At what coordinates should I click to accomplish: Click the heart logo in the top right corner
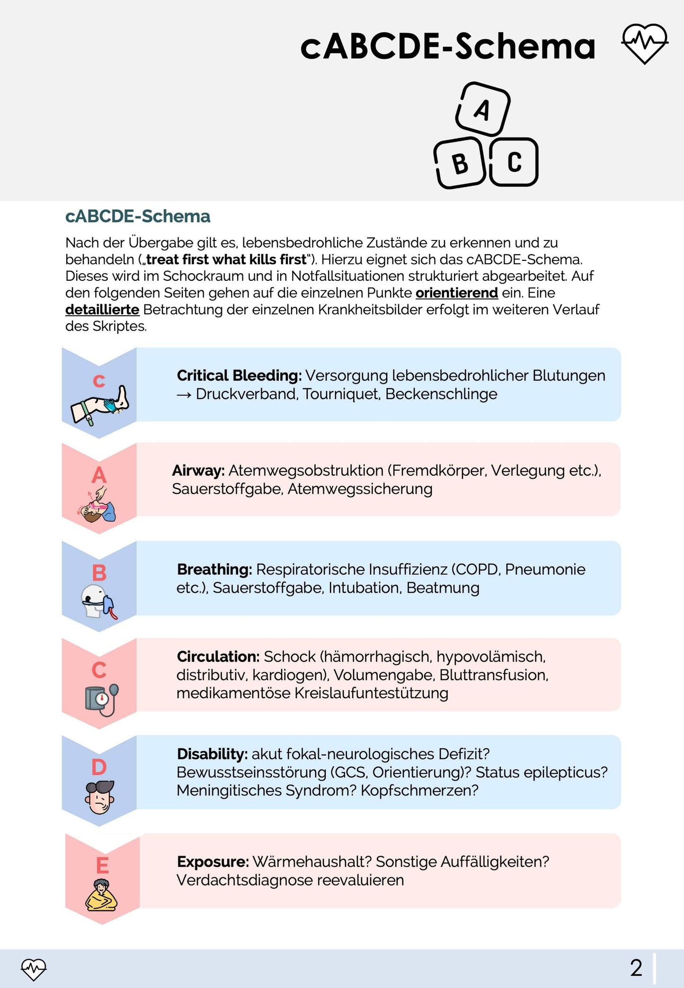(644, 44)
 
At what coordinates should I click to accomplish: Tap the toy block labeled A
(483, 109)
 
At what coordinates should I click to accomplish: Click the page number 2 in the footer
(636, 968)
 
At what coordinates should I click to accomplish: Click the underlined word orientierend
(456, 293)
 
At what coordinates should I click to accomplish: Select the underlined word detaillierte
(102, 310)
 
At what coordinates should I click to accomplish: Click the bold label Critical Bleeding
(239, 375)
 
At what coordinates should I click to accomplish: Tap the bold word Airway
(198, 471)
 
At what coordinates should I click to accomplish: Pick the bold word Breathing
(214, 569)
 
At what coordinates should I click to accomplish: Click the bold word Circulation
(218, 657)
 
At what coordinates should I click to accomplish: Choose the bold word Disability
(212, 754)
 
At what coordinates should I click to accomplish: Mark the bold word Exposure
(213, 862)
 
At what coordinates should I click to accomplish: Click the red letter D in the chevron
(99, 767)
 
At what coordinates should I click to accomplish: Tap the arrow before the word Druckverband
(184, 394)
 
